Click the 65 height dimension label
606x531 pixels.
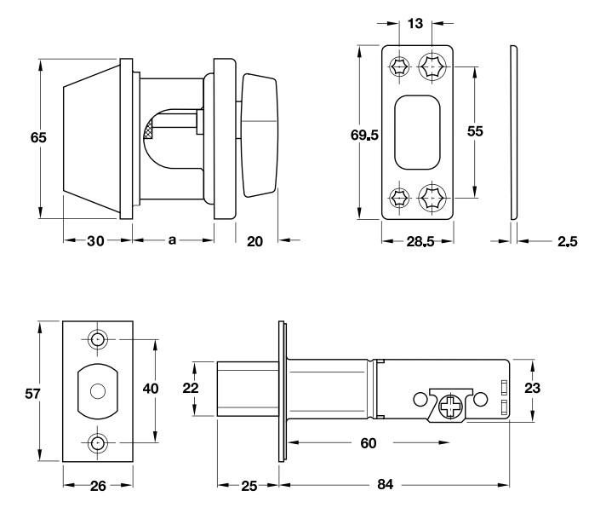37,137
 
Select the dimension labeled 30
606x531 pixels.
94,241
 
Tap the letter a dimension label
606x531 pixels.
171,241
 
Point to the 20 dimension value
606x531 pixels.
254,241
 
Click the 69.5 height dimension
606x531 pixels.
364,135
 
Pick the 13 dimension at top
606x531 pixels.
415,24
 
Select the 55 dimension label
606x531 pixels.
475,130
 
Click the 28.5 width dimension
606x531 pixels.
420,242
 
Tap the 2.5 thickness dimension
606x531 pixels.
568,242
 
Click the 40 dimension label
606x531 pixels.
151,389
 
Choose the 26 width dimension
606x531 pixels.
98,487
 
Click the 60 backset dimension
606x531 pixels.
368,443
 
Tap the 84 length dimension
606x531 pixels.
385,487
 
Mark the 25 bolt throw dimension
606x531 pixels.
249,487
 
